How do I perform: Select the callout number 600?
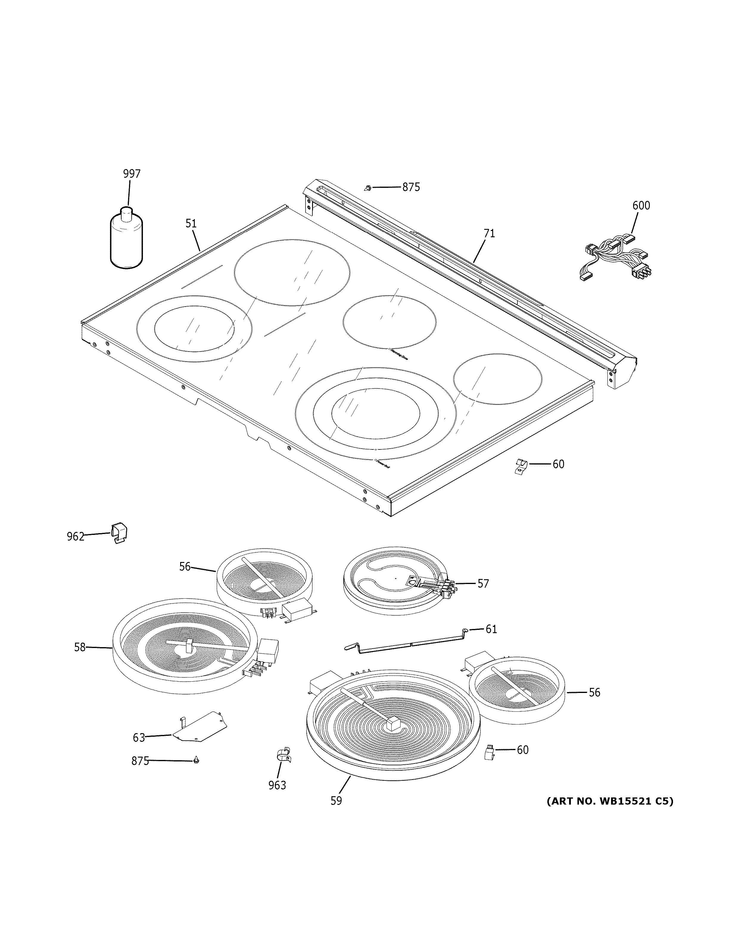(x=641, y=205)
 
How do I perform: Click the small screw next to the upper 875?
(x=367, y=188)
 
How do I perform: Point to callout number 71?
(x=489, y=234)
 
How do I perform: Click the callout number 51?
(x=191, y=224)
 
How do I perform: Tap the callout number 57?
(x=483, y=584)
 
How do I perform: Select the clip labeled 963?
(x=283, y=755)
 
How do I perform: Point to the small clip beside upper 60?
(x=521, y=466)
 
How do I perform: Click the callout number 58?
(x=80, y=659)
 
